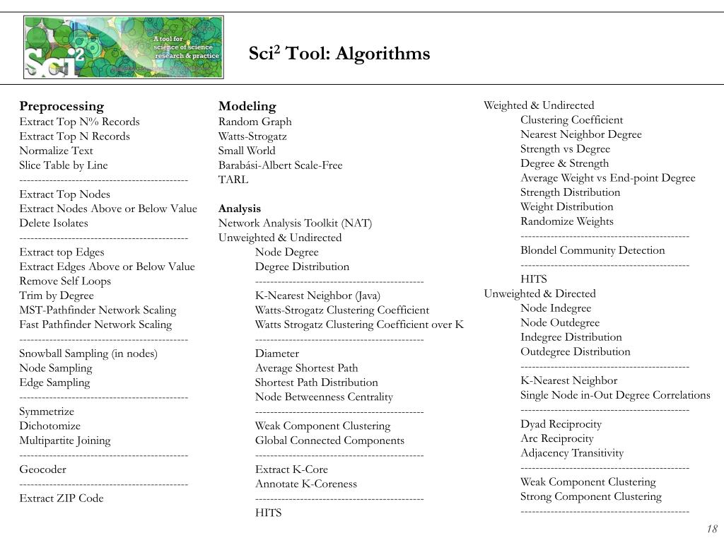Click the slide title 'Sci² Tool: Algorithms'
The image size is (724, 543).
339,54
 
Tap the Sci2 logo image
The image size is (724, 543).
123,47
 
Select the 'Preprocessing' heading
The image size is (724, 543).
62,107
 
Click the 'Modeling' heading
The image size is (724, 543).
247,107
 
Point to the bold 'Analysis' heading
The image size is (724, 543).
239,209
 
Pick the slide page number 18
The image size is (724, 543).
711,530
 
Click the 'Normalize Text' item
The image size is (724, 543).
56,151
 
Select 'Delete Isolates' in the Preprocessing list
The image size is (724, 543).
54,223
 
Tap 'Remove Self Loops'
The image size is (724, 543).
65,281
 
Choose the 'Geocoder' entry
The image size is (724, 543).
42,469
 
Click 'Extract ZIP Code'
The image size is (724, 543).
61,498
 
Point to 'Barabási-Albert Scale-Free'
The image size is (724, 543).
280,165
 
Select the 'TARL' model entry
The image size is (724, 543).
233,180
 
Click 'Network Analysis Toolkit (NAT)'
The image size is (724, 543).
295,223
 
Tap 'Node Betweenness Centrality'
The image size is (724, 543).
324,397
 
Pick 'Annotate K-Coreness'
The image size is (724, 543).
305,484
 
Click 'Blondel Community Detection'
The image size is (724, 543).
592,250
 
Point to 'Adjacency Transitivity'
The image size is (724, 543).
572,453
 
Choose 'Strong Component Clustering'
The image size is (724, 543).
591,496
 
